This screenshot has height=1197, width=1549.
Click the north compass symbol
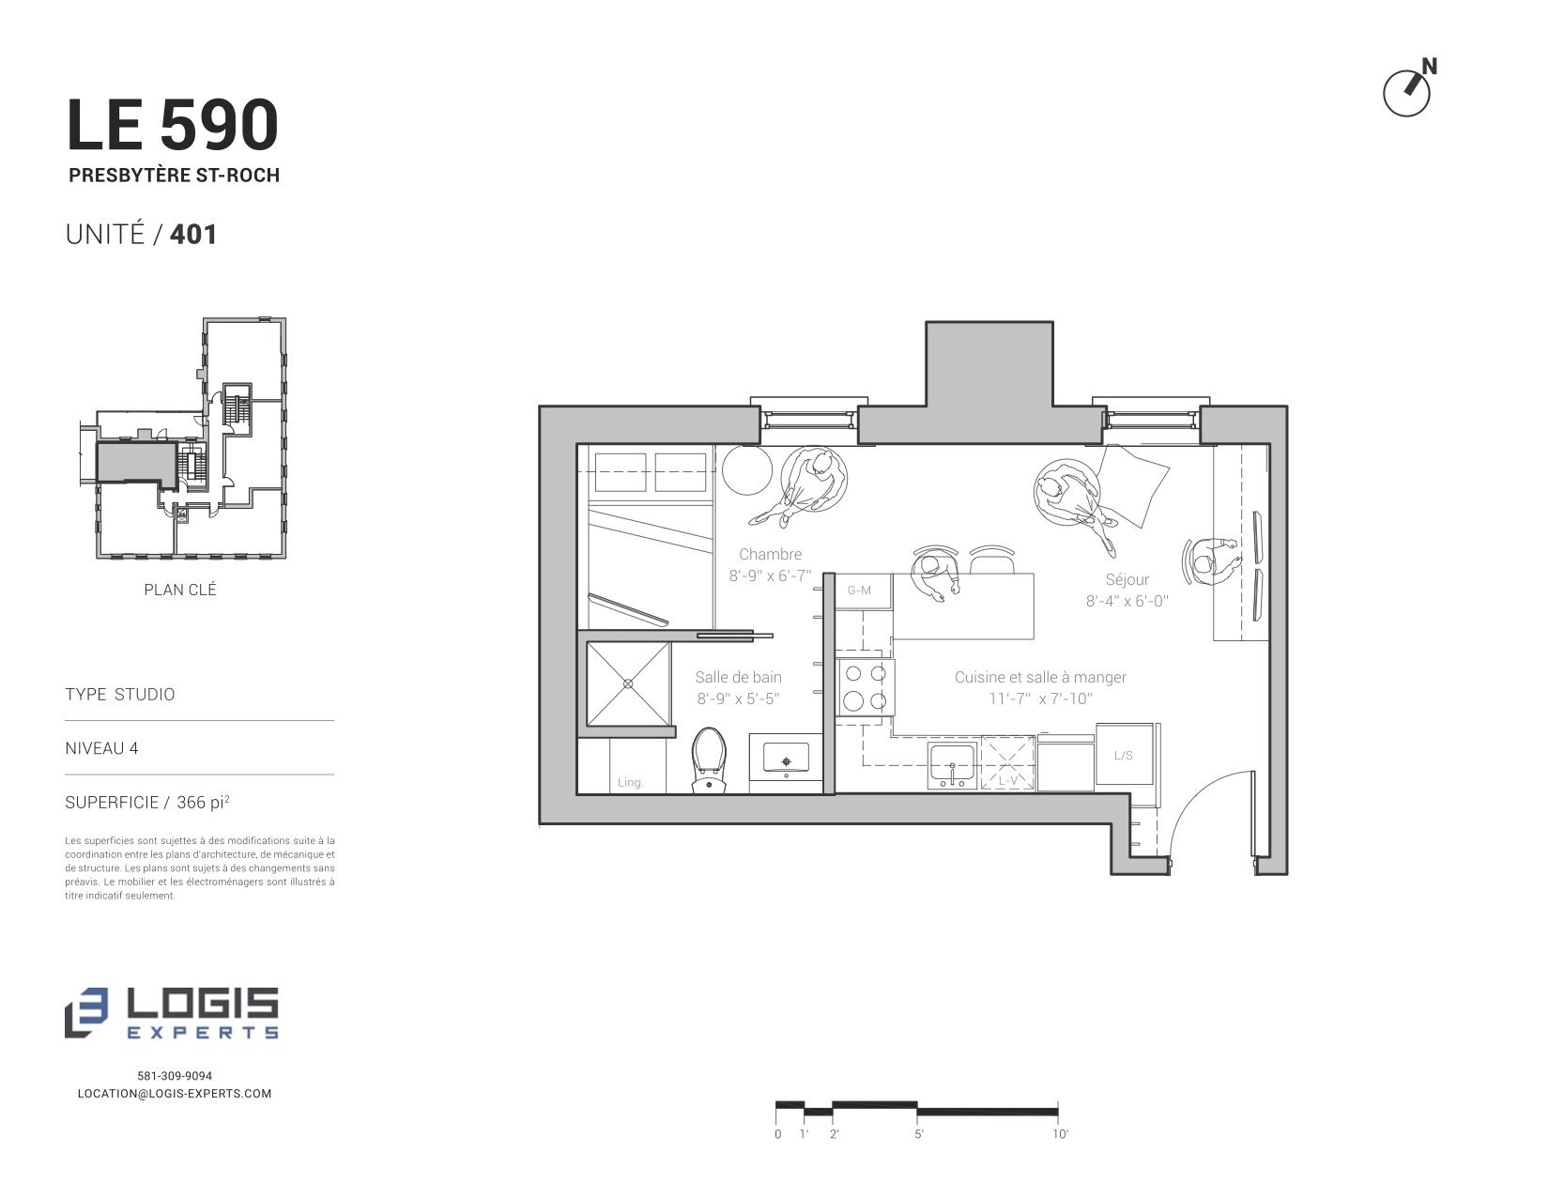(x=1408, y=90)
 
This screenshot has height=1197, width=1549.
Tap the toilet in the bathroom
(x=709, y=760)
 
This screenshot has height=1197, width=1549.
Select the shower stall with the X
(x=628, y=683)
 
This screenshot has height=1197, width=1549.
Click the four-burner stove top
(x=865, y=687)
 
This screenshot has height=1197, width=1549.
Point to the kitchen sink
(x=952, y=766)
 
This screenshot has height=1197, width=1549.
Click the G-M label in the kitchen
(x=859, y=591)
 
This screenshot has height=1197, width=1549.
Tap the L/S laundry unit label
(x=1124, y=756)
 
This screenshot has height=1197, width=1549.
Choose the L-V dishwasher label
(x=1007, y=781)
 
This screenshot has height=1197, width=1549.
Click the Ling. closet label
(x=630, y=782)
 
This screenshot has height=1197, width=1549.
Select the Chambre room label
(x=770, y=554)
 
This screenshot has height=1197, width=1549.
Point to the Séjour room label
(x=1127, y=579)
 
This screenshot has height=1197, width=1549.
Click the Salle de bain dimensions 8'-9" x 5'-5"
(x=739, y=698)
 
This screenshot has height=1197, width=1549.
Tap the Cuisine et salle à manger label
(x=1041, y=677)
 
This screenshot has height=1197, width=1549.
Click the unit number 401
(x=193, y=235)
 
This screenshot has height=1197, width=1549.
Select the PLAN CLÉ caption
(x=179, y=590)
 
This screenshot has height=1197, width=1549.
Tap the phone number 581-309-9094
(x=175, y=1076)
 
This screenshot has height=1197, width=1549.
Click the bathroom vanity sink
(x=787, y=759)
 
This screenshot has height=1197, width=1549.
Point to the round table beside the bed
(x=747, y=469)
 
